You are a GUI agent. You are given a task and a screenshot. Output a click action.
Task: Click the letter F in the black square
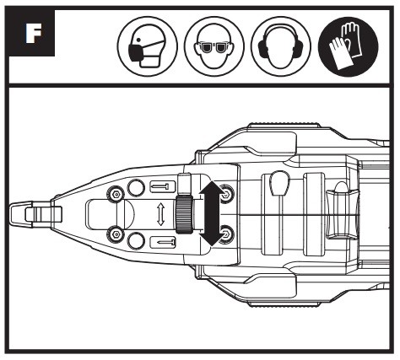[34, 33]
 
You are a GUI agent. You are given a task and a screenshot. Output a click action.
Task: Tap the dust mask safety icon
[148, 46]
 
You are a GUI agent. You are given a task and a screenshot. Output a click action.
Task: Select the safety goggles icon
[214, 46]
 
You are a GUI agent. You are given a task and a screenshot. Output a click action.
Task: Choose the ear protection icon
[281, 46]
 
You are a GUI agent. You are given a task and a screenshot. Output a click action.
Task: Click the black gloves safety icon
[348, 46]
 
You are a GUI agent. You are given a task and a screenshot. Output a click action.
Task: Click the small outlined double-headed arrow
[160, 215]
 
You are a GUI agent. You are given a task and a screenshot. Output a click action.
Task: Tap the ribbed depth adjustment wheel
[184, 215]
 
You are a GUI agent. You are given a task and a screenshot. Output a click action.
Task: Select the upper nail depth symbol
[163, 186]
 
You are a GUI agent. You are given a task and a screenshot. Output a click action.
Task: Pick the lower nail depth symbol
[163, 242]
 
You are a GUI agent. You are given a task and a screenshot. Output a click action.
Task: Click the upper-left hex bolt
[116, 194]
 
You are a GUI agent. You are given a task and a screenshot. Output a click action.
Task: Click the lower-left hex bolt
[116, 234]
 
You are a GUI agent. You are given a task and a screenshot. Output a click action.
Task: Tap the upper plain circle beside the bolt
[136, 187]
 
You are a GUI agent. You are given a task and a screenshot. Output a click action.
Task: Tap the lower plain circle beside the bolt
[136, 240]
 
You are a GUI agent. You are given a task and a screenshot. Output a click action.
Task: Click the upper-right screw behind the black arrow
[226, 194]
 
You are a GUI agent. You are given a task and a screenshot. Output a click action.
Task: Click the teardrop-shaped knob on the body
[280, 183]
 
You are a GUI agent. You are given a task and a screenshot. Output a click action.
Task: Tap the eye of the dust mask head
[138, 39]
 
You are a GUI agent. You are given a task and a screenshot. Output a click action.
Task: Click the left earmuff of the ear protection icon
[262, 46]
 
